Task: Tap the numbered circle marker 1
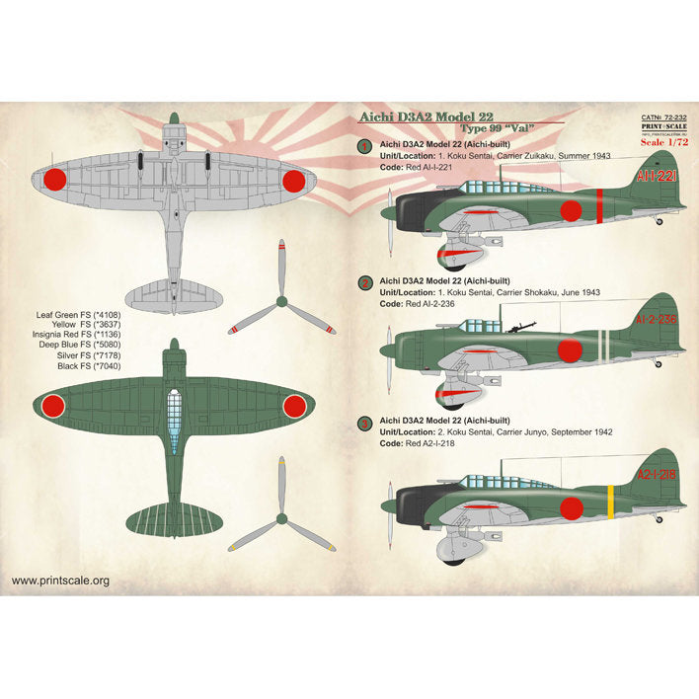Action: [364, 146]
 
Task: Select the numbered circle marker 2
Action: [364, 284]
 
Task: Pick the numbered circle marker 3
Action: [364, 424]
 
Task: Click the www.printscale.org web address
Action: [61, 581]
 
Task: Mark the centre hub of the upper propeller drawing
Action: [281, 297]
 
